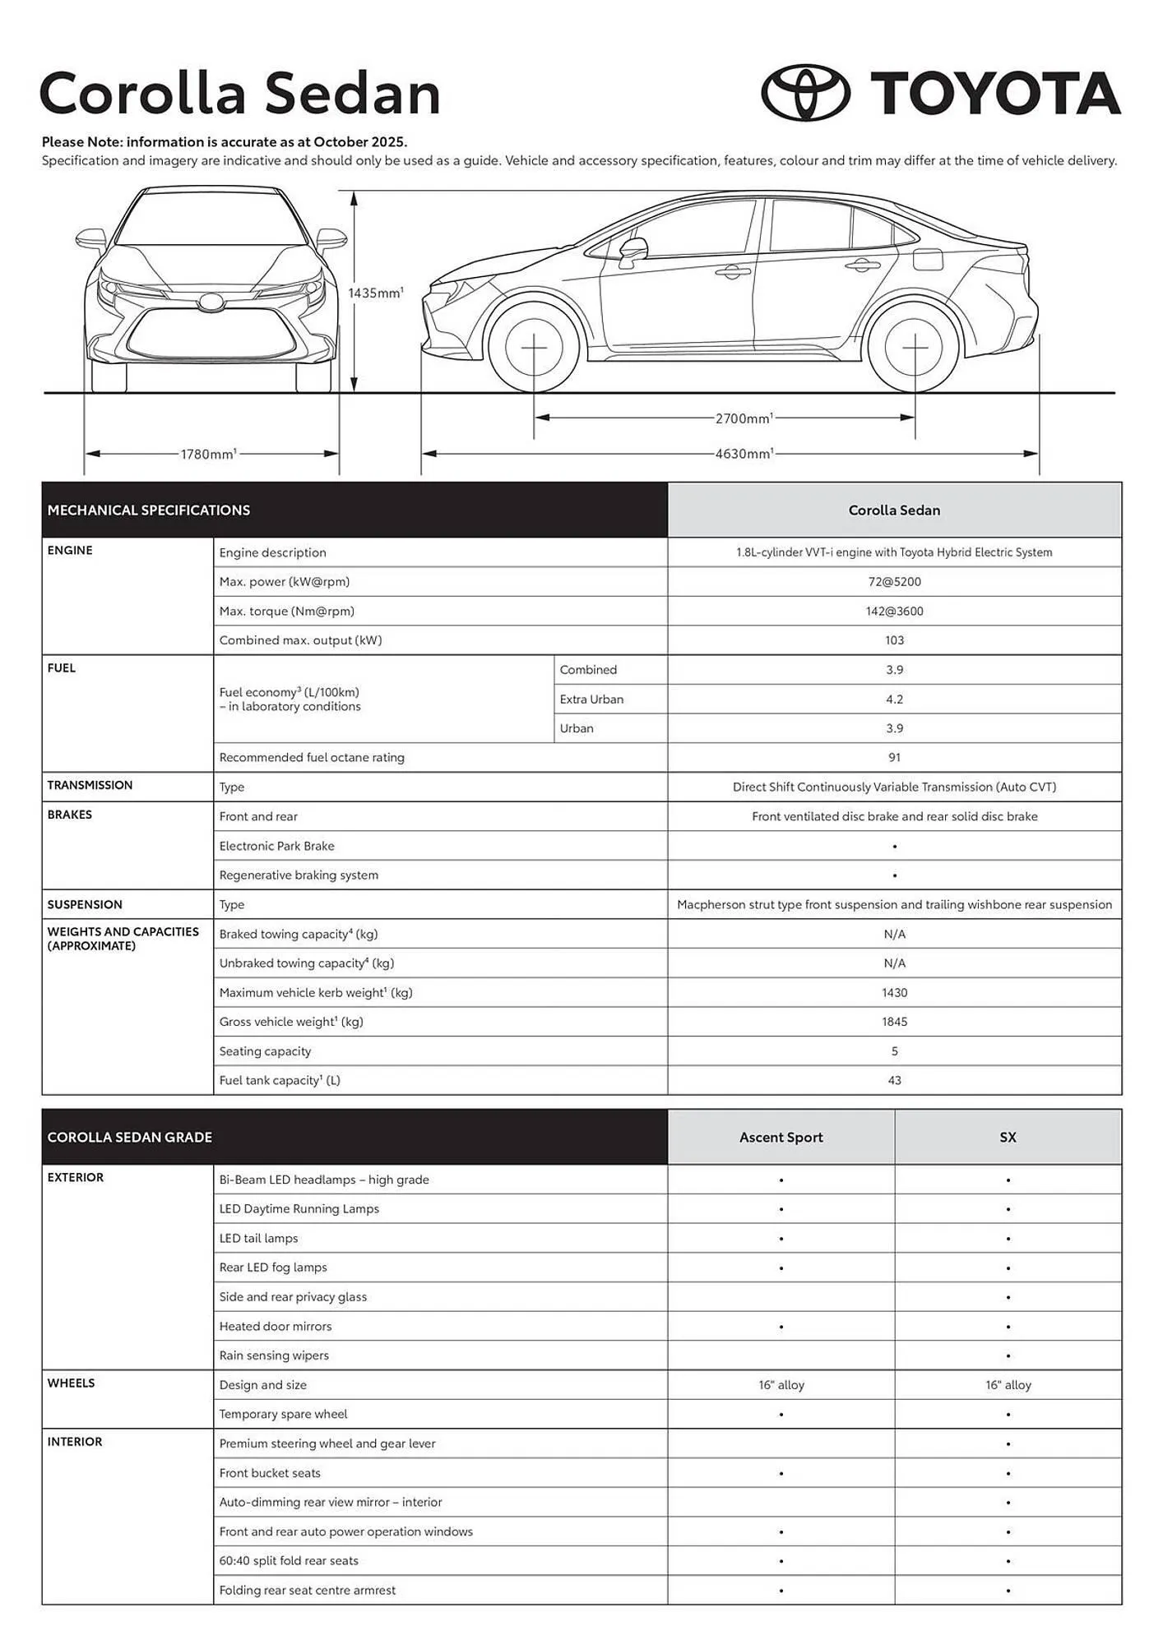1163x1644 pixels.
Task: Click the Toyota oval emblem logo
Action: [x=805, y=93]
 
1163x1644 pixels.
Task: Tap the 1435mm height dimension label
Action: [x=375, y=293]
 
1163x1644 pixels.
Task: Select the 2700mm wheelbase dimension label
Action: [x=743, y=418]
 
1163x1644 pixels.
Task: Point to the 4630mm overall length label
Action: [x=744, y=454]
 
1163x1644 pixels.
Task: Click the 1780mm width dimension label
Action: [x=208, y=454]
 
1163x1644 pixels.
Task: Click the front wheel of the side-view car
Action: [x=534, y=347]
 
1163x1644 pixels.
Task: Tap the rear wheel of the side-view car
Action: [x=915, y=347]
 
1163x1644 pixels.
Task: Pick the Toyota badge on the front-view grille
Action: [x=211, y=302]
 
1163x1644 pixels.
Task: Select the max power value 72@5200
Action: [x=894, y=582]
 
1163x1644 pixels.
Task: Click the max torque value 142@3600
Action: [x=894, y=612]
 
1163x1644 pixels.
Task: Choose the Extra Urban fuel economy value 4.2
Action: [x=894, y=700]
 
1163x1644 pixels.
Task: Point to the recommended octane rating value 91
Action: [x=894, y=758]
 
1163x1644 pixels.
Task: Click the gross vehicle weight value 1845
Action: [x=894, y=1022]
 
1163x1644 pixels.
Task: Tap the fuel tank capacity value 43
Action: [x=894, y=1081]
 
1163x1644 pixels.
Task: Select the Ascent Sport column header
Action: [x=781, y=1138]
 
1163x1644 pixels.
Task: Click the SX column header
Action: [x=1008, y=1138]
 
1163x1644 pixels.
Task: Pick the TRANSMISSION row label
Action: [x=90, y=786]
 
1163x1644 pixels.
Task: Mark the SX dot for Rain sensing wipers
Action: [x=1008, y=1356]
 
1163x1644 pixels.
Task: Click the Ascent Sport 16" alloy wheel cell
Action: [x=781, y=1385]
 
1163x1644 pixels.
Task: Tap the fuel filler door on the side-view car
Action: [x=927, y=258]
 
